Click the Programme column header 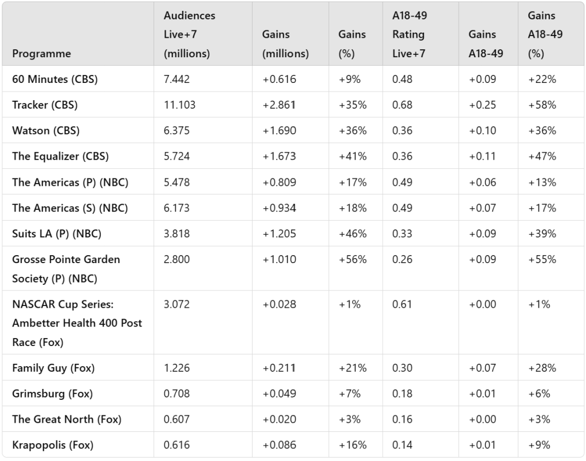click(x=41, y=54)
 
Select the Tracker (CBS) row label click(x=45, y=105)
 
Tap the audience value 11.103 click(x=179, y=105)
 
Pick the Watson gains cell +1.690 click(x=280, y=131)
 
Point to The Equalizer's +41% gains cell click(x=352, y=157)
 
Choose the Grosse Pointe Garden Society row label click(x=66, y=269)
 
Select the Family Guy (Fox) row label click(x=53, y=368)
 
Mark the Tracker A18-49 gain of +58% click(x=542, y=105)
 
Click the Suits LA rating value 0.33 click(x=402, y=233)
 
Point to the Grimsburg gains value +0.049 click(x=280, y=394)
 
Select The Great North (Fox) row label click(x=66, y=419)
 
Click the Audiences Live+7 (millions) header click(x=189, y=34)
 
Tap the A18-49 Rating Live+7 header click(x=409, y=34)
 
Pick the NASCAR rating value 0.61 click(x=402, y=304)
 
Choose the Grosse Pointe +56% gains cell click(x=352, y=259)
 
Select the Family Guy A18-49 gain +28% click(x=542, y=368)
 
